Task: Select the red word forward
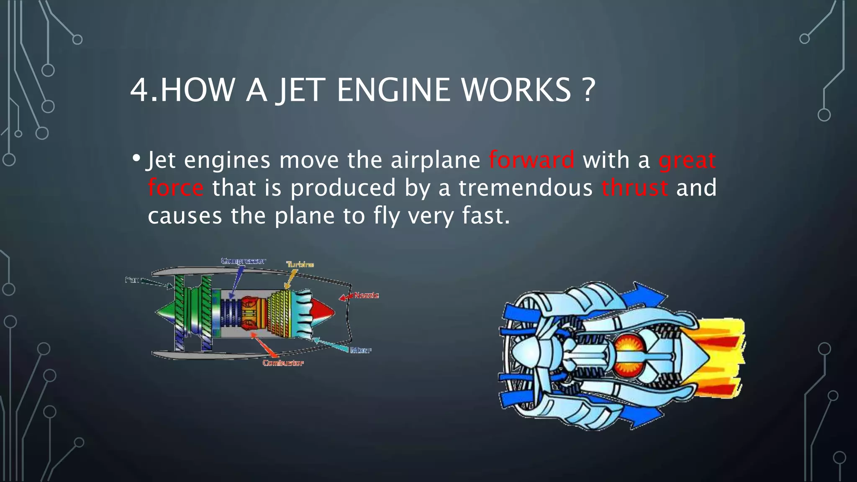pos(531,160)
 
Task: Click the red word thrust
pos(634,187)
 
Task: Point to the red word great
pos(687,161)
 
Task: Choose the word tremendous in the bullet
pos(526,187)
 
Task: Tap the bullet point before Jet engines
pos(136,159)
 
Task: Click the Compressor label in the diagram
pos(243,261)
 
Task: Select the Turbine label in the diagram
pos(300,264)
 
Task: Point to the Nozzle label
pos(366,295)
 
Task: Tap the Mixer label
pos(361,350)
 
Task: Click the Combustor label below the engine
pos(283,363)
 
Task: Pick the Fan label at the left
pos(132,279)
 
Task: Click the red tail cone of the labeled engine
pos(322,312)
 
